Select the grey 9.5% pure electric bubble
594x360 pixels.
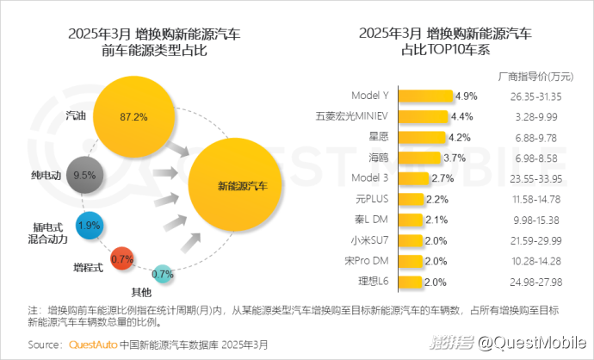pos(84,175)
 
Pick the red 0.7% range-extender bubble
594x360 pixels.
pos(122,257)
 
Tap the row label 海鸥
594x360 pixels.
pos(381,158)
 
